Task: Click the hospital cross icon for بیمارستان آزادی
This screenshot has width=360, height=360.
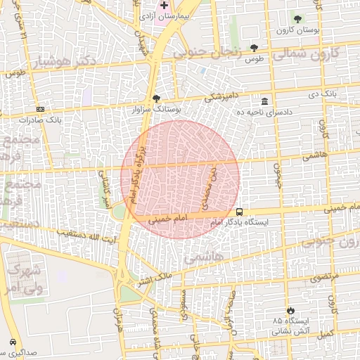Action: point(165,5)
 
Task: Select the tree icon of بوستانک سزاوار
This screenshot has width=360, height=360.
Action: point(156,99)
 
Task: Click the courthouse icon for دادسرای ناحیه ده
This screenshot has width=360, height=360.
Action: point(264,101)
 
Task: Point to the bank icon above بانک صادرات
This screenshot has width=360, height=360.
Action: point(40,109)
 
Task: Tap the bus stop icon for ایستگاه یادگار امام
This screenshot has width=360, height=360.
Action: point(240,211)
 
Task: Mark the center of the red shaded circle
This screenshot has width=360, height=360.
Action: point(180,179)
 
